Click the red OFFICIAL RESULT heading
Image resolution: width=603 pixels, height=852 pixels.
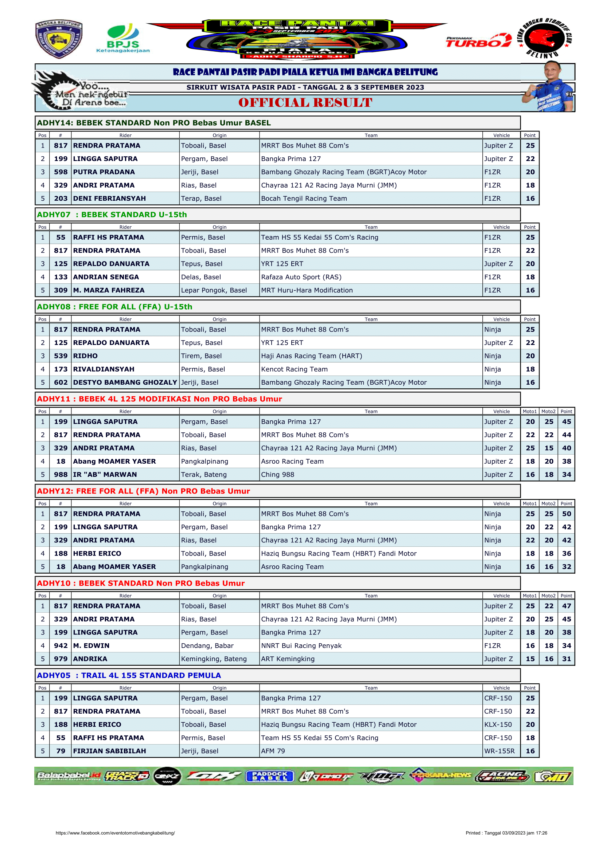[x=305, y=103]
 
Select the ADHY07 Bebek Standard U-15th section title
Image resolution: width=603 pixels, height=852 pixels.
[x=112, y=215]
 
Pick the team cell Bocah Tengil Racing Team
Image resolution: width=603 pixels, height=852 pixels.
[x=304, y=199]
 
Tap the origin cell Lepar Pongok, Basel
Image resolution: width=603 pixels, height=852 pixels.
[x=214, y=290]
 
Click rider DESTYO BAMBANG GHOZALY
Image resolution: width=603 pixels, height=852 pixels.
[x=125, y=382]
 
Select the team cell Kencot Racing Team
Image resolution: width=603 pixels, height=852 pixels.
[x=294, y=369]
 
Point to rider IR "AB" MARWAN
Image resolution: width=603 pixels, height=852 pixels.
[x=105, y=475]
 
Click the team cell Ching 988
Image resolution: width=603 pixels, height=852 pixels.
[x=277, y=475]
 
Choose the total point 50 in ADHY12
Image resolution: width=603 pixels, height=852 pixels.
[x=566, y=514]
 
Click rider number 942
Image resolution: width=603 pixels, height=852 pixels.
[x=61, y=646]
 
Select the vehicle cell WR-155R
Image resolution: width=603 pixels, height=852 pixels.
[x=499, y=751]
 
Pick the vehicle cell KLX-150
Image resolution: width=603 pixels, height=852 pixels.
[x=498, y=725]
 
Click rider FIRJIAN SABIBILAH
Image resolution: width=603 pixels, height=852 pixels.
[x=109, y=751]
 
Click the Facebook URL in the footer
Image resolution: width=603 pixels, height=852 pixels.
[x=115, y=833]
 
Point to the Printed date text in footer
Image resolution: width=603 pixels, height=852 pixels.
[x=506, y=833]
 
